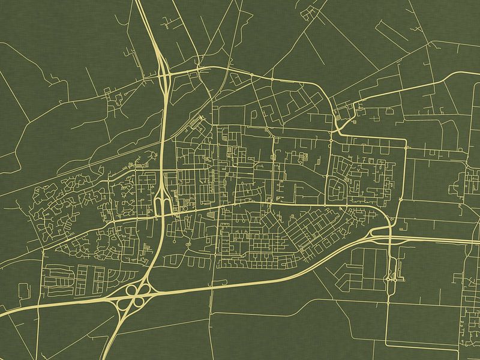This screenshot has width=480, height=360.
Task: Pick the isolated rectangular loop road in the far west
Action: coord(23,290)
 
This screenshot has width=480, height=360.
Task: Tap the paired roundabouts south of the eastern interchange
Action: coord(392,277)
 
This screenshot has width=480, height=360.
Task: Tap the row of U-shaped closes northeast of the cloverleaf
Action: coord(180,260)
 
